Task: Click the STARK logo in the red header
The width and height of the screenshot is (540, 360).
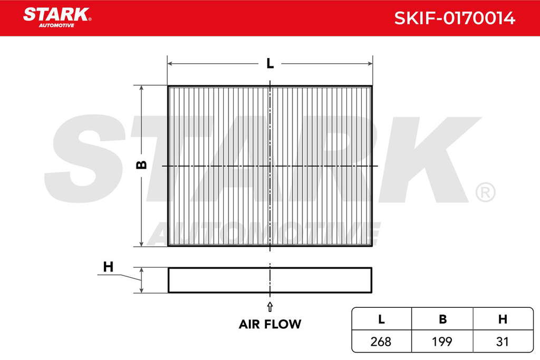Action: tap(57, 17)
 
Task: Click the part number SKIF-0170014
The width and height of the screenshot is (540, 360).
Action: tap(455, 18)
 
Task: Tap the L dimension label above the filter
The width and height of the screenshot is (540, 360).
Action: tap(270, 63)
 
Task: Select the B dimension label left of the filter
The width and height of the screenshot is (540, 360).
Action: tap(141, 165)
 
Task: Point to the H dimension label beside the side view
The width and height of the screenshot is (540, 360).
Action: tap(108, 267)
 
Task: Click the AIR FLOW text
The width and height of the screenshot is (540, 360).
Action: tap(270, 324)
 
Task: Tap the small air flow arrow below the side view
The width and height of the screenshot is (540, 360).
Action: tap(270, 307)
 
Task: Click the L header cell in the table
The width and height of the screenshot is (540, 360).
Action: tap(381, 319)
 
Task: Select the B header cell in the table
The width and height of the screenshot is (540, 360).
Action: tap(442, 319)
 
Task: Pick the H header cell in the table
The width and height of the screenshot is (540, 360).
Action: tap(503, 319)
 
